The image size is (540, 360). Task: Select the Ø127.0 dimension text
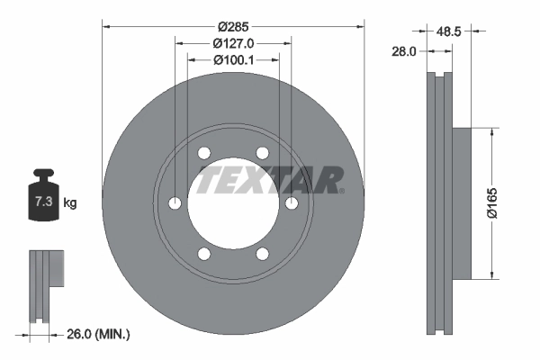pyautogui.click(x=233, y=42)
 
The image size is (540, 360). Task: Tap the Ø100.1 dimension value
pyautogui.click(x=233, y=59)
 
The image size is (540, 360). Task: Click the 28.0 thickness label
pyautogui.click(x=403, y=52)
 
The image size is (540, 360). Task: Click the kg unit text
pyautogui.click(x=70, y=202)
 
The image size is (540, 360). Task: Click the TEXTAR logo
pyautogui.click(x=268, y=180)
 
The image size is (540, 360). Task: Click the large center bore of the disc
pyautogui.click(x=233, y=203)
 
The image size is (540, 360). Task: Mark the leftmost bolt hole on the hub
pyautogui.click(x=175, y=203)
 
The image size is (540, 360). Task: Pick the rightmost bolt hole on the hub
pyautogui.click(x=292, y=204)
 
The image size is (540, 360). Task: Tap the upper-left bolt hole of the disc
pyautogui.click(x=204, y=153)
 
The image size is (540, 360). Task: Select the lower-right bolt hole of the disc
pyautogui.click(x=262, y=254)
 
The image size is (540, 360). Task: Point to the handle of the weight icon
pyautogui.click(x=44, y=174)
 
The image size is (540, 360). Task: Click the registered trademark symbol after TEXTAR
pyautogui.click(x=341, y=190)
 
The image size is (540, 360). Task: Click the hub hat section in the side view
pyautogui.click(x=460, y=203)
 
